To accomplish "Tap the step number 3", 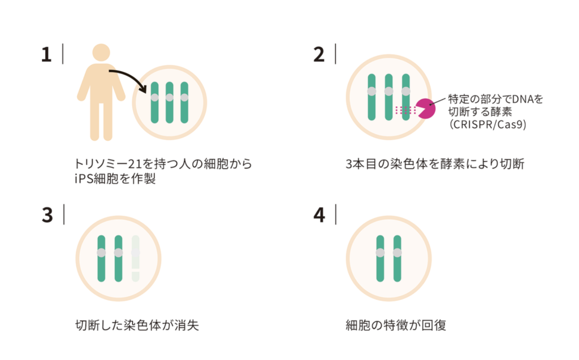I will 47,215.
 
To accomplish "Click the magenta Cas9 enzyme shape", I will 425,108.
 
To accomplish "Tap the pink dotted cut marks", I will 405,110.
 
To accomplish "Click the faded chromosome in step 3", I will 136,259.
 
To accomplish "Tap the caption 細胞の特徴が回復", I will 396,326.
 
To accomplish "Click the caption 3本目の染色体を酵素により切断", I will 436,164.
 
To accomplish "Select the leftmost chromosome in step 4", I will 380,258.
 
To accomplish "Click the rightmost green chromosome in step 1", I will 184,102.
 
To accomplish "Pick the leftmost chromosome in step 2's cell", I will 371,97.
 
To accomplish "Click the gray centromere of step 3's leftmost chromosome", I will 101,253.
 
